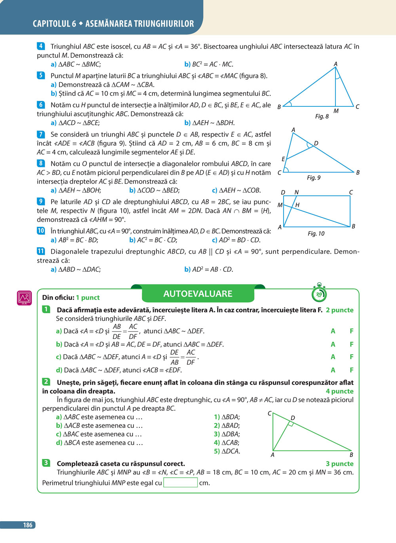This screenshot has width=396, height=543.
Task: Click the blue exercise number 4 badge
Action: point(41,46)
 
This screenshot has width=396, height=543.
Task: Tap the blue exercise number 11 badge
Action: point(41,251)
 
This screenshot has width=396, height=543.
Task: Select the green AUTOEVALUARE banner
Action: point(198,294)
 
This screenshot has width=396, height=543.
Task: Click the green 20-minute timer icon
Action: point(319,293)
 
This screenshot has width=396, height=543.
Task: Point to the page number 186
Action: point(27,525)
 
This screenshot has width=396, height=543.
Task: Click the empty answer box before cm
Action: point(180,483)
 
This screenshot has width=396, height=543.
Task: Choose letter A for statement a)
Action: point(333,331)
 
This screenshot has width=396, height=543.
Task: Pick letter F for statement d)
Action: point(351,370)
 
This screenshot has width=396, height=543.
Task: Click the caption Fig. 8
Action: point(322,116)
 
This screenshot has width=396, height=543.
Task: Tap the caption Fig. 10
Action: point(316,234)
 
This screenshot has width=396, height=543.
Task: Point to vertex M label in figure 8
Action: point(336,111)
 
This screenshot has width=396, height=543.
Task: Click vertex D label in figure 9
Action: point(316,143)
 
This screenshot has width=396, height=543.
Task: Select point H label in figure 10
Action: point(297,205)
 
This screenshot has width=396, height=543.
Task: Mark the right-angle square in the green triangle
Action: point(290,424)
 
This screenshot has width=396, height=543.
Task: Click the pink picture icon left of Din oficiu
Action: point(24,297)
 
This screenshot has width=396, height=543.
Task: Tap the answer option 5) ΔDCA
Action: point(227,451)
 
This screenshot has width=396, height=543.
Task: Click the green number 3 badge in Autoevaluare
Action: point(46,463)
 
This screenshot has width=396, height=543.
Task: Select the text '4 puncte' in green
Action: point(339,391)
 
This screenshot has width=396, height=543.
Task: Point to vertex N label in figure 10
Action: point(296,193)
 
